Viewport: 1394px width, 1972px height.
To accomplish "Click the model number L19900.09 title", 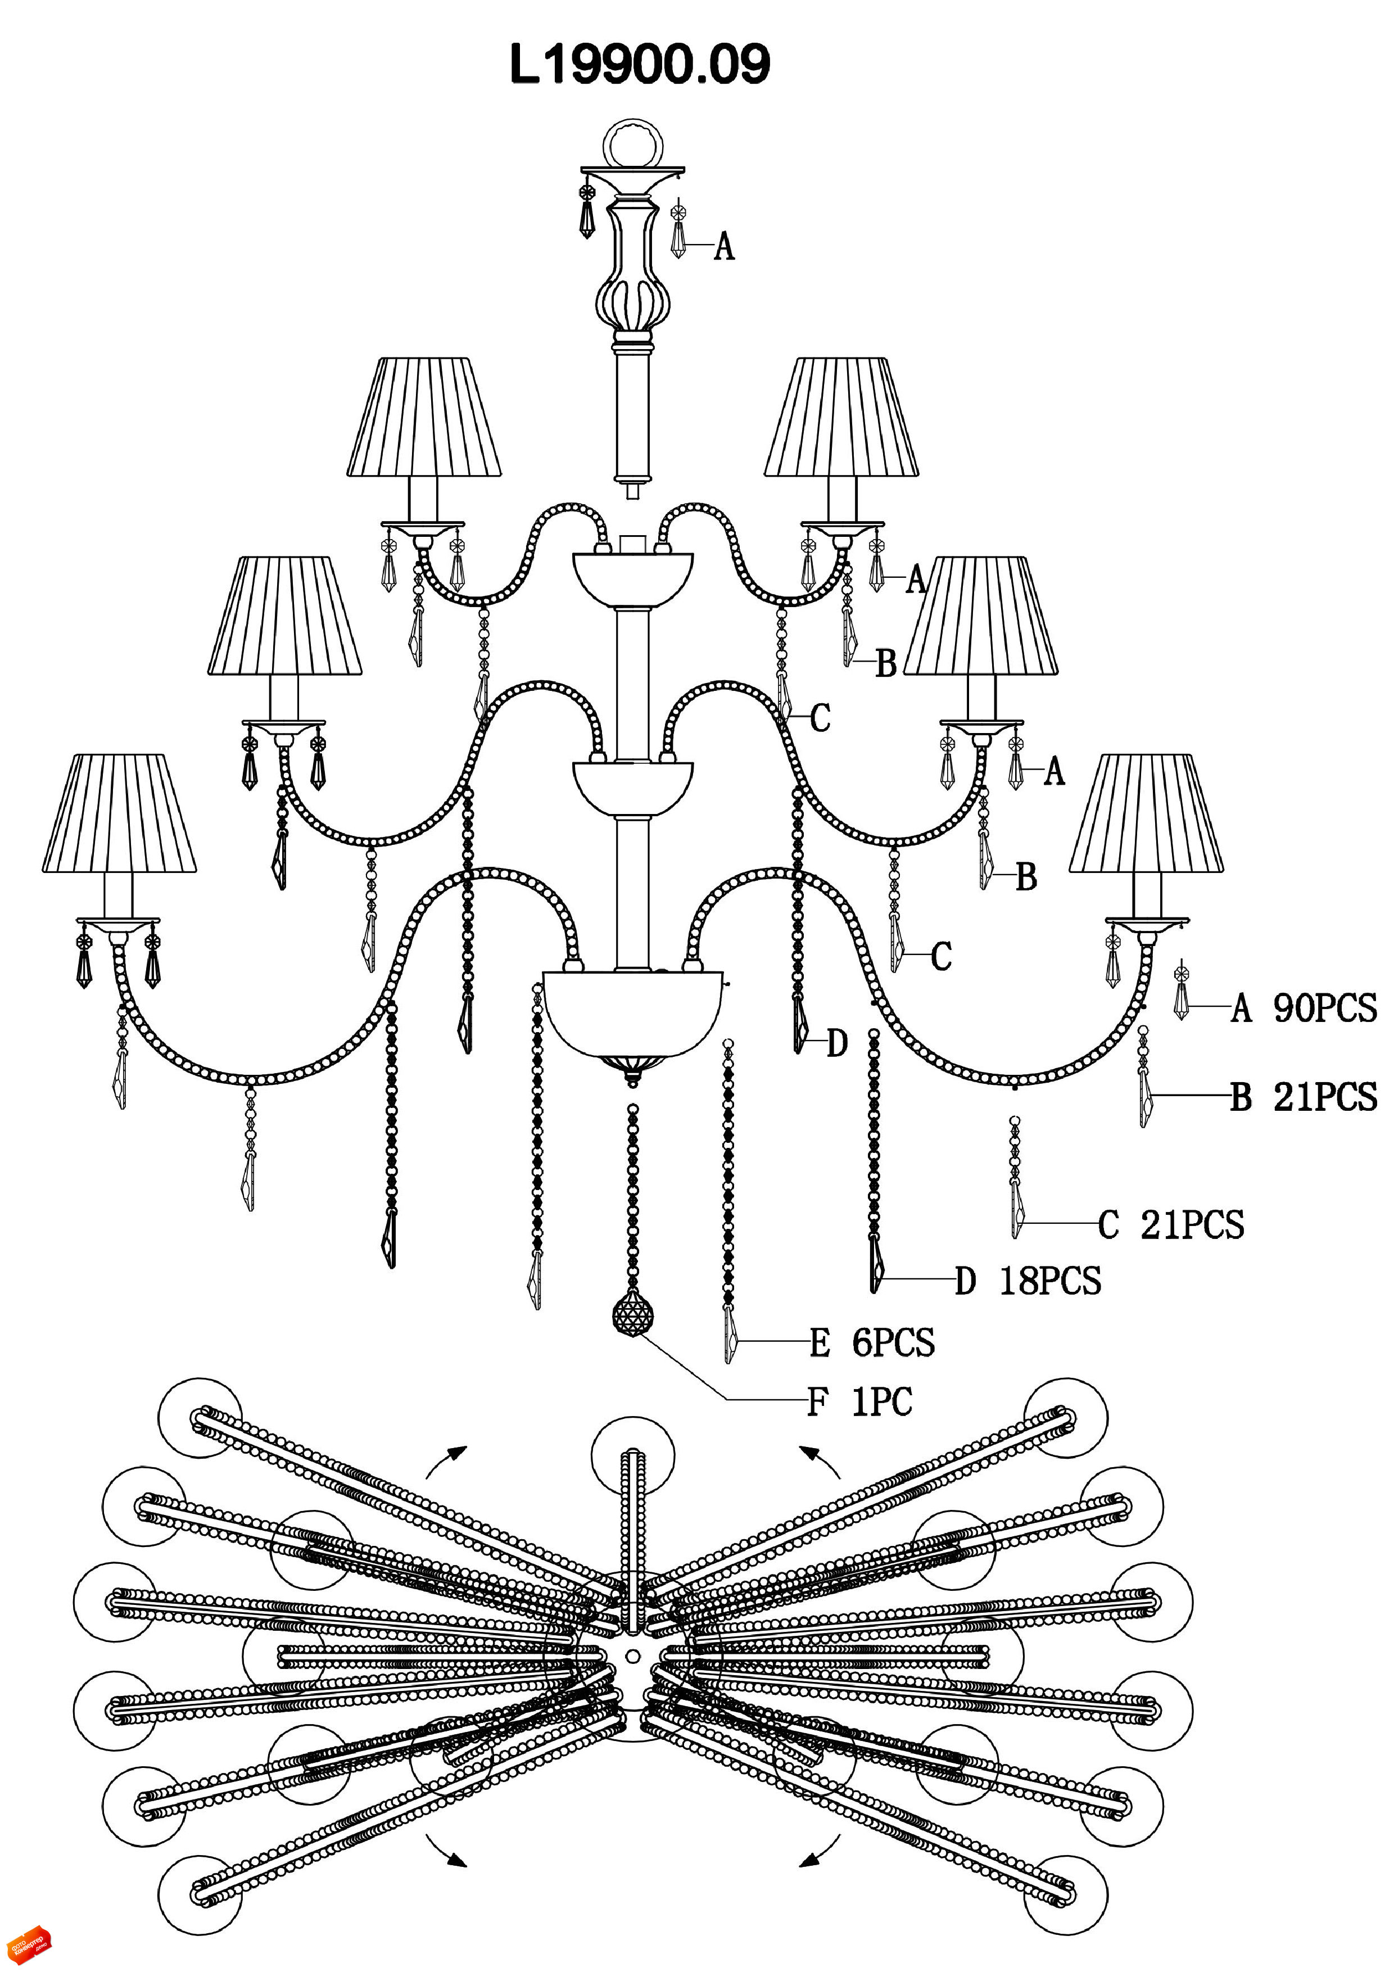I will coord(640,65).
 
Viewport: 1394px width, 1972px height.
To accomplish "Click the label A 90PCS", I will coord(1304,1007).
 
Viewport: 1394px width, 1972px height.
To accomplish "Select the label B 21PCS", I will coord(1304,1097).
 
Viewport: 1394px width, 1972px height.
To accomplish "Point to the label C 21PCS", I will coord(1171,1225).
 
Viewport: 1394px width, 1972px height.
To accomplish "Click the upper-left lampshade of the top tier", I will coord(424,418).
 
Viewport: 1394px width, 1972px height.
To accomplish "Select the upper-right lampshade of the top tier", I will coord(841,418).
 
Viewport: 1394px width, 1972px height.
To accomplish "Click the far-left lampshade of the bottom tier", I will coord(119,814).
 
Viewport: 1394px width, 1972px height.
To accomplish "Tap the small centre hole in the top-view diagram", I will coord(633,1655).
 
